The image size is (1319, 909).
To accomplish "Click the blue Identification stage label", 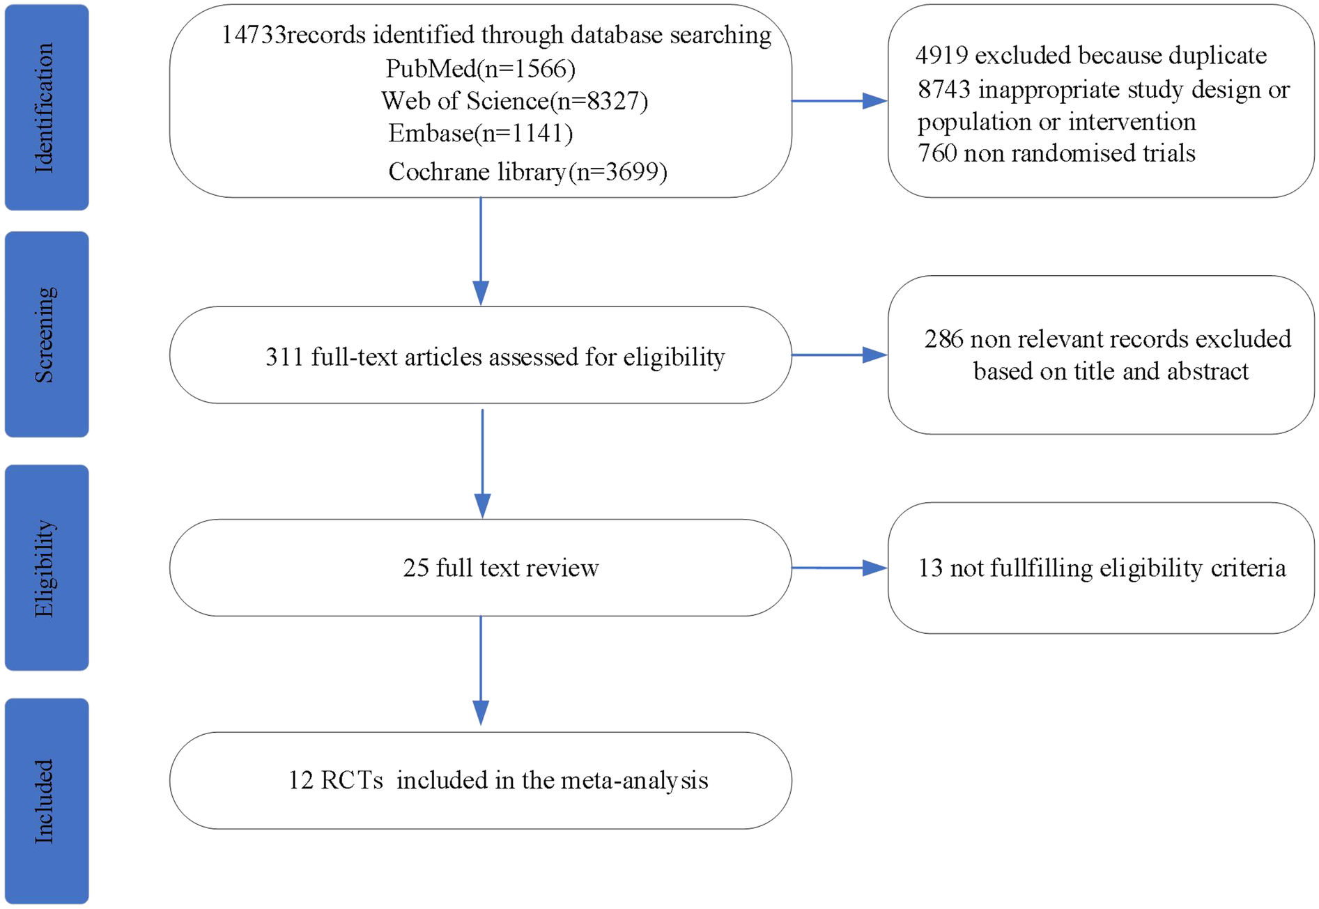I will (46, 107).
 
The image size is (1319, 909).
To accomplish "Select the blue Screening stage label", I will (46, 334).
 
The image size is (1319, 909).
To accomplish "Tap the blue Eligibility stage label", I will (46, 568).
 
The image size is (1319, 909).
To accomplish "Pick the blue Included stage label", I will (46, 801).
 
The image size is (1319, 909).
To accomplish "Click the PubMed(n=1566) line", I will (480, 68).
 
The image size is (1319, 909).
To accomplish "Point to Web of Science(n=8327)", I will (514, 101).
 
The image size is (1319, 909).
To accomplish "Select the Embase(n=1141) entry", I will (480, 133).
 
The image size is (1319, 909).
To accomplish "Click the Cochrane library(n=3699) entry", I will (527, 171).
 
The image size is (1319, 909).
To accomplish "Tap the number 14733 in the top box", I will (253, 35).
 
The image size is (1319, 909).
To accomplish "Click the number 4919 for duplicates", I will (941, 56).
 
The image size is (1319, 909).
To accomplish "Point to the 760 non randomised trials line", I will (1056, 153).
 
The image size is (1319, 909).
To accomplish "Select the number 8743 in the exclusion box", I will (944, 90).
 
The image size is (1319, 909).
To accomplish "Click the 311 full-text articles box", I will (480, 355).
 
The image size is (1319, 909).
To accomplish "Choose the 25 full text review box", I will (480, 568).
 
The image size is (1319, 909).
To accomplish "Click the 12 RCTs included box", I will (480, 780).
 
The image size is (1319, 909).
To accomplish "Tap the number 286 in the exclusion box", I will (943, 339).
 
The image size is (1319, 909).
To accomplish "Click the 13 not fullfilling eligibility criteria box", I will (1101, 568).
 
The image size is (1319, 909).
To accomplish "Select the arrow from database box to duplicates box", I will (839, 101).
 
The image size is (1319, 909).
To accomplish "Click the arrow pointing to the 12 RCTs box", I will (481, 672).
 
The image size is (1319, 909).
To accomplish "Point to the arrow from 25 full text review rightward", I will (839, 568).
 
